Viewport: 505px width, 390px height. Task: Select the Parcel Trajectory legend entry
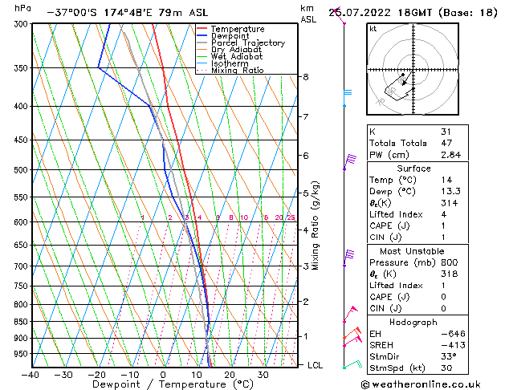[247, 43]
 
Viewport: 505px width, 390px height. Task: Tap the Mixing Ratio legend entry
[237, 71]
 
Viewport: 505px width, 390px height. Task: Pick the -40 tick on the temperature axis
[31, 375]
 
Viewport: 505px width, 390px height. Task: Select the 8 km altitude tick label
[306, 77]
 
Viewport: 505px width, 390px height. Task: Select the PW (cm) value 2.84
[470, 155]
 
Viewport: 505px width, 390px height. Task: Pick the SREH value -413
[470, 345]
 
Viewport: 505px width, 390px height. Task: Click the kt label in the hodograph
[373, 28]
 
